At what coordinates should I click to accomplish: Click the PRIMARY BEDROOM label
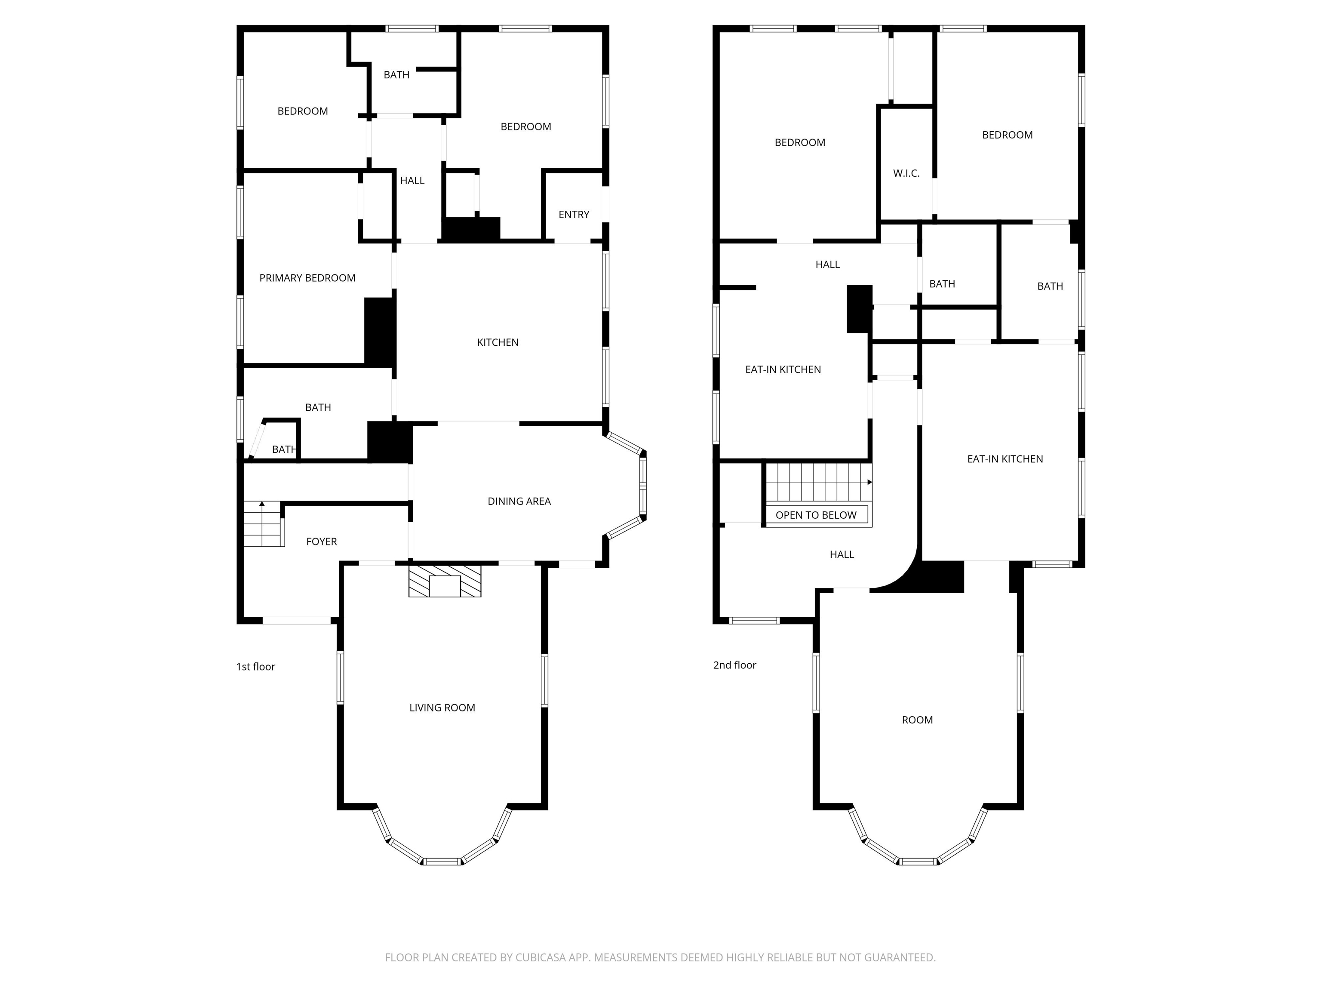click(307, 278)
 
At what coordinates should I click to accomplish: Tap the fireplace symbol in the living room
click(444, 580)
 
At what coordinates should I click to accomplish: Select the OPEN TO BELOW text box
click(816, 515)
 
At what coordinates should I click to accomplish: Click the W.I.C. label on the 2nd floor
click(906, 173)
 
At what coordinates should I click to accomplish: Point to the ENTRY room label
click(573, 215)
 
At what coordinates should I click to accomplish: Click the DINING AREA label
click(519, 501)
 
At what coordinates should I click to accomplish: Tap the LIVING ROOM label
click(442, 708)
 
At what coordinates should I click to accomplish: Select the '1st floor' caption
click(255, 667)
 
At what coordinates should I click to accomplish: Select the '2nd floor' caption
click(734, 665)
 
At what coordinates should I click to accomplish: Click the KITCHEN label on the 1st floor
click(498, 342)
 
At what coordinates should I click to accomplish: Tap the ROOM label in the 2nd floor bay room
click(917, 720)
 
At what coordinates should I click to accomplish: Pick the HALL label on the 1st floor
click(412, 180)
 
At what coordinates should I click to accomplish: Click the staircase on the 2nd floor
click(815, 483)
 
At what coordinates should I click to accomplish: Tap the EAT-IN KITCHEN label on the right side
click(1005, 459)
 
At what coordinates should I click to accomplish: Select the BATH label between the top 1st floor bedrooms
click(396, 75)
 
